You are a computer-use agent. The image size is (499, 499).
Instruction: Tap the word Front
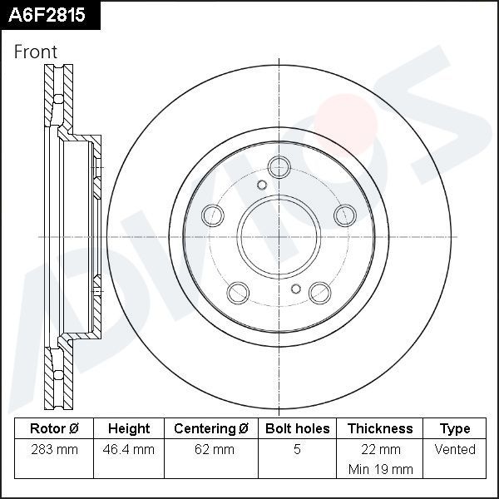36,52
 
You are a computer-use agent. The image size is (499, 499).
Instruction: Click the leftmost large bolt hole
212,215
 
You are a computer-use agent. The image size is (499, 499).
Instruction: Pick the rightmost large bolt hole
344,215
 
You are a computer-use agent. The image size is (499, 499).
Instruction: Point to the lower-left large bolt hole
238,292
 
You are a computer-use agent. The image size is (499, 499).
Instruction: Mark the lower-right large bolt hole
319,292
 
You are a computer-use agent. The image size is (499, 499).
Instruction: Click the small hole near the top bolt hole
262,185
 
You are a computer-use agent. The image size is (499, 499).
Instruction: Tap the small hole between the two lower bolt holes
295,289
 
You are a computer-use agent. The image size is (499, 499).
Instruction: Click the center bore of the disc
279,238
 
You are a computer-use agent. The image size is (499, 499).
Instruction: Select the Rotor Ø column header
54,429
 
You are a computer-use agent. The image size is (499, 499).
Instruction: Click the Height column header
129,429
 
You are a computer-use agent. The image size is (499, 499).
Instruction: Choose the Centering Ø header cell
211,429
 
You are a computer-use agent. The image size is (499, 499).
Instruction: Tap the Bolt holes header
297,429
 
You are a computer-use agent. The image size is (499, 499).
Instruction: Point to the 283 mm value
54,450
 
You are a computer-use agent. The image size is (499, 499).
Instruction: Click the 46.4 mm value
129,450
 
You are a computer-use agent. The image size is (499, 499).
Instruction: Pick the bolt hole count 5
297,450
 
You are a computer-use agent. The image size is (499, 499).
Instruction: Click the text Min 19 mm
380,469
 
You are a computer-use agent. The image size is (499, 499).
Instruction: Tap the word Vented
455,450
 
